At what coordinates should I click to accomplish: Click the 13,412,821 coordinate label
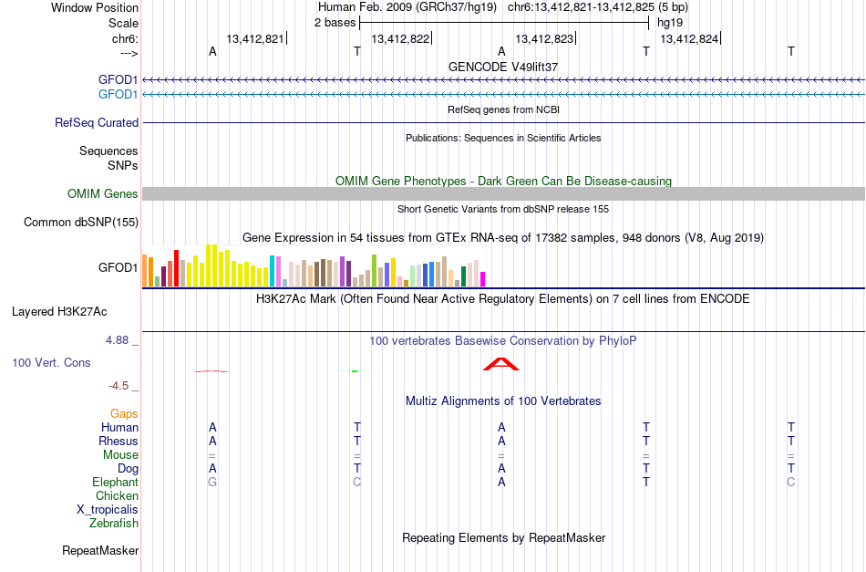254,38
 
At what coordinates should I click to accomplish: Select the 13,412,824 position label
689,38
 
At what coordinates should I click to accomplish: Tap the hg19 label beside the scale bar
669,23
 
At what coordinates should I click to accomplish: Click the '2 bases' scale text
335,23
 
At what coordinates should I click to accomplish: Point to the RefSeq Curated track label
97,122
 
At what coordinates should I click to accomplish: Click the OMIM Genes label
103,194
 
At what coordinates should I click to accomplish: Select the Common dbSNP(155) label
81,223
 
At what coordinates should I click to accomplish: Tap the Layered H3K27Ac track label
59,312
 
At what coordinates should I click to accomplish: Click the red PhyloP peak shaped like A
501,364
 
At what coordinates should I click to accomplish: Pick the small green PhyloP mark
355,370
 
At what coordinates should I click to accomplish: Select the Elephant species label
116,482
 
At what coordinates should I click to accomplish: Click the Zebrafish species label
114,523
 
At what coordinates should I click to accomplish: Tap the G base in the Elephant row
212,482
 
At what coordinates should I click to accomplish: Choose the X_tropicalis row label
108,510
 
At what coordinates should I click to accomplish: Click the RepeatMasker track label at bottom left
100,550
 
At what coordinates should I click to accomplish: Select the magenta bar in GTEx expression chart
483,279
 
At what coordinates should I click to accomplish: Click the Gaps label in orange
124,413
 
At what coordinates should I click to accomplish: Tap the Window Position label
95,7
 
